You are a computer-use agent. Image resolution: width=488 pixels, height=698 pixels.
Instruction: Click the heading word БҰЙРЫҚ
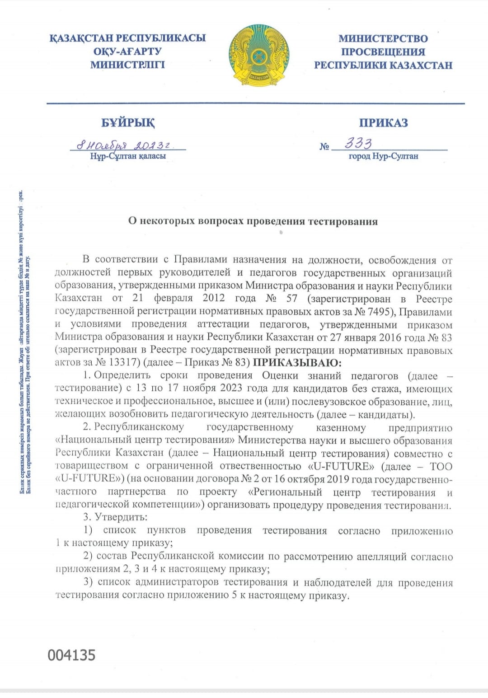128,123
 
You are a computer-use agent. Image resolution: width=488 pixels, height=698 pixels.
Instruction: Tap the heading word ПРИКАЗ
383,123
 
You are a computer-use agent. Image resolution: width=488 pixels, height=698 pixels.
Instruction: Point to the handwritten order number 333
358,144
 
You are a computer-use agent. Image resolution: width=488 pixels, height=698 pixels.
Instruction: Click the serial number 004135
72,656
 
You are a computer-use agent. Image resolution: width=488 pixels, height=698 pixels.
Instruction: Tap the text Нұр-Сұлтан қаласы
128,156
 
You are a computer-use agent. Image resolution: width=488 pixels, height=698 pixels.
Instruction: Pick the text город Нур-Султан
383,156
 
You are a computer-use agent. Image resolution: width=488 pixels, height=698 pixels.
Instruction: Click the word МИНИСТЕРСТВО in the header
383,39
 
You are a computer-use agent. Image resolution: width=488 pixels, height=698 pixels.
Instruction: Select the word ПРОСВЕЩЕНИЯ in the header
383,52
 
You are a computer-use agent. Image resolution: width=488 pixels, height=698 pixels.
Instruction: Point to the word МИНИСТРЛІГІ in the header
127,65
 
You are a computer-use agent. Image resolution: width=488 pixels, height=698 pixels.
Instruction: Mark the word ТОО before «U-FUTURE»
441,467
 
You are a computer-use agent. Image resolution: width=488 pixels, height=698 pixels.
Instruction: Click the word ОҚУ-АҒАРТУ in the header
127,52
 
